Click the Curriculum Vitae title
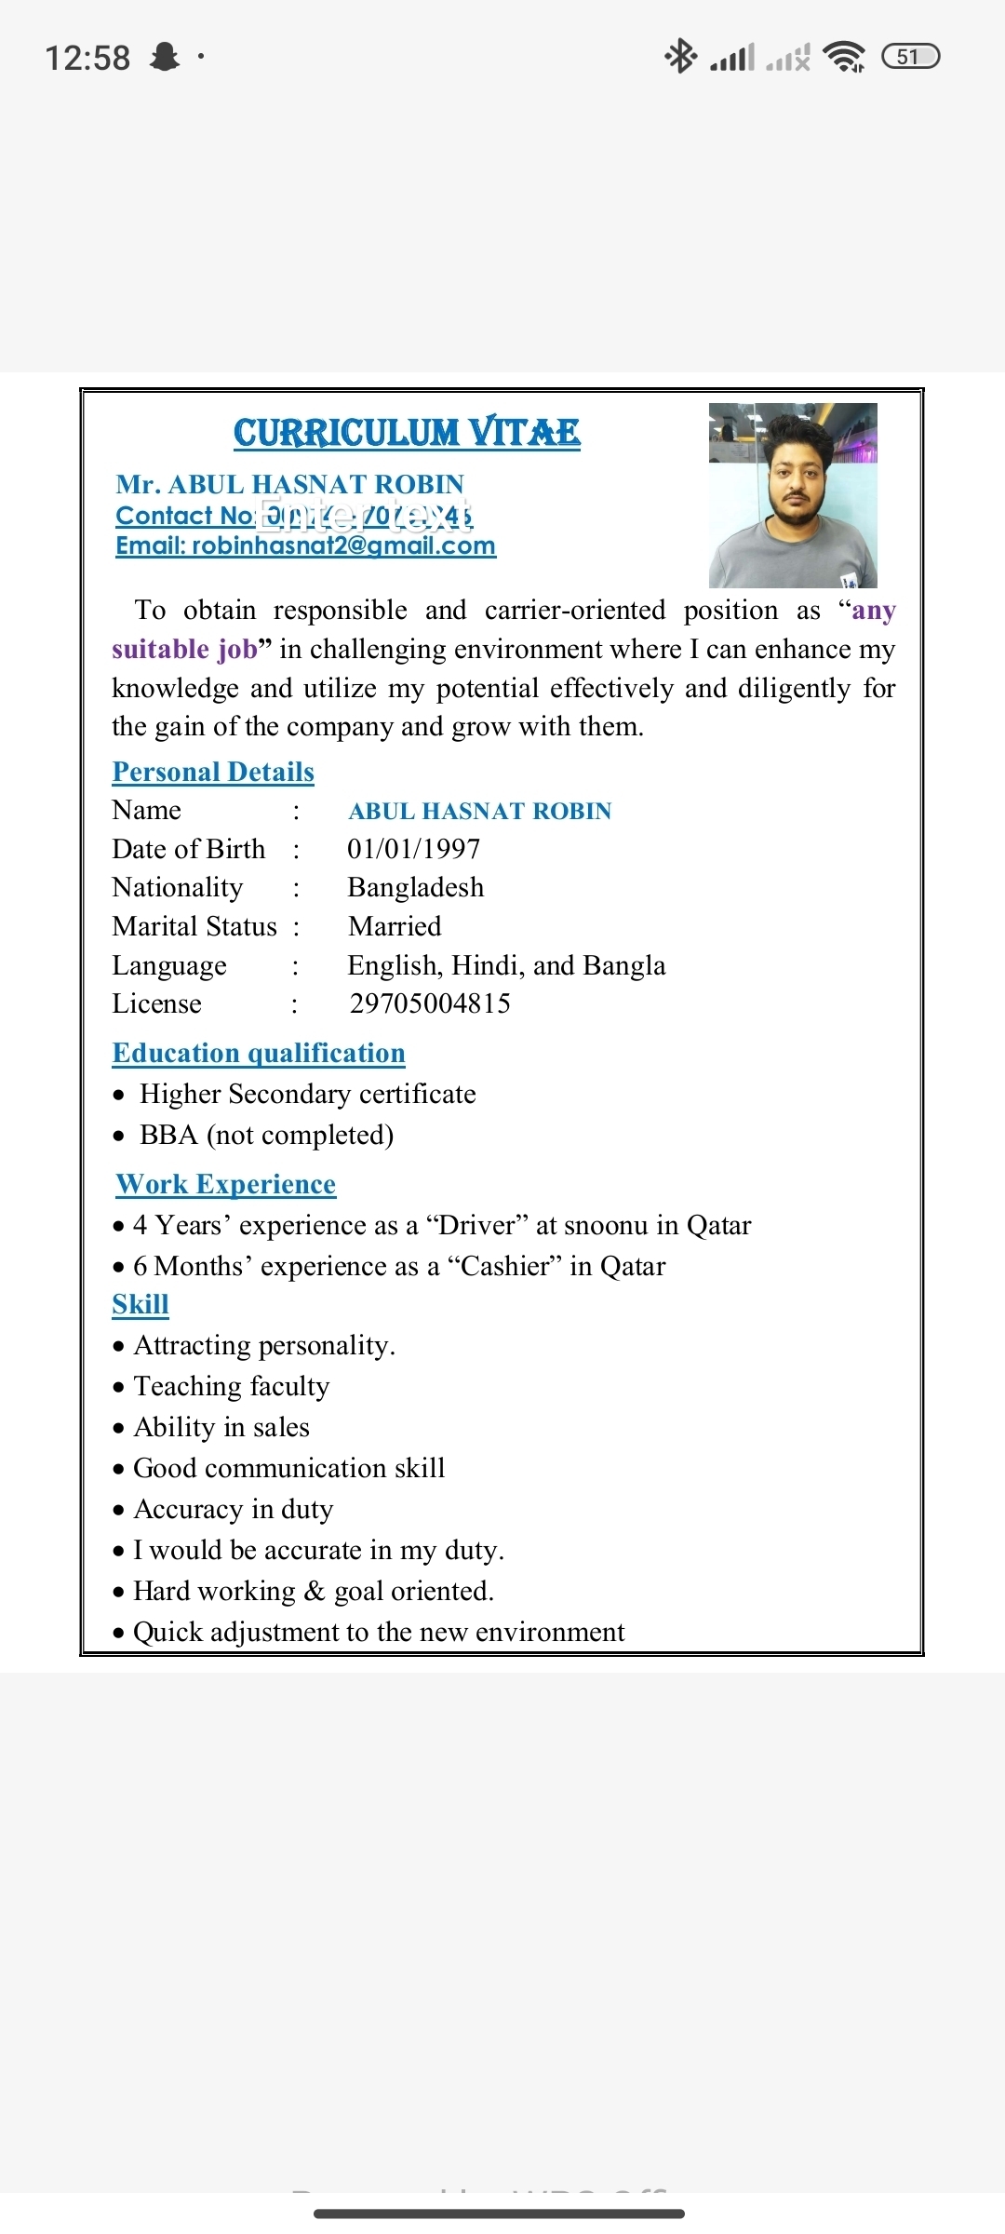click(x=407, y=433)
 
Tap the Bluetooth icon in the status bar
click(x=680, y=57)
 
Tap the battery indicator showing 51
click(x=910, y=57)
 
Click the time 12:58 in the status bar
click(x=87, y=58)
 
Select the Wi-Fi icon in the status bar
click(x=844, y=57)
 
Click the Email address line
click(x=305, y=545)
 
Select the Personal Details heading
click(x=213, y=772)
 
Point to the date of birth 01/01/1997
click(x=414, y=849)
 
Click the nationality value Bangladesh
click(x=416, y=887)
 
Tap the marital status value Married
click(x=395, y=926)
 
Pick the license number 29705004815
click(x=430, y=1003)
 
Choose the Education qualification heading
click(x=259, y=1053)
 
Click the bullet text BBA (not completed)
click(x=266, y=1135)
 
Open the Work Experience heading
click(x=226, y=1184)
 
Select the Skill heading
click(x=141, y=1304)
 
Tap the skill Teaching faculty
click(x=232, y=1386)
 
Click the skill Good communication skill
click(x=289, y=1468)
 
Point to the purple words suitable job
click(x=184, y=649)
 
